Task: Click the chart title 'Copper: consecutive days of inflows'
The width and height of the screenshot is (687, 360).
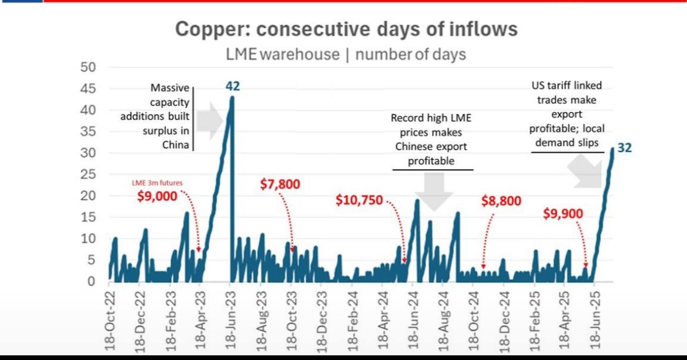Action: [x=346, y=29]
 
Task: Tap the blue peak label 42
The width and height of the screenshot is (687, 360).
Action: [x=233, y=86]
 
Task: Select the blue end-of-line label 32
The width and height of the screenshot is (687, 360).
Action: [x=624, y=148]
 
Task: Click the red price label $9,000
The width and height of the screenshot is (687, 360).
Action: [x=157, y=197]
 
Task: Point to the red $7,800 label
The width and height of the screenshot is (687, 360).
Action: [x=280, y=184]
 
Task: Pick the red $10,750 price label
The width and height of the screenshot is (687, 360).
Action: [x=359, y=200]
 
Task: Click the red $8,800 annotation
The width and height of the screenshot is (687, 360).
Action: [x=501, y=201]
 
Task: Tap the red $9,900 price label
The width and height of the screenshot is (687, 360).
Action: [x=563, y=214]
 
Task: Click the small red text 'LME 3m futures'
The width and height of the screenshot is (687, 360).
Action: [x=156, y=183]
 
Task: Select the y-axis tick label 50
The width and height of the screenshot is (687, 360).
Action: [x=88, y=68]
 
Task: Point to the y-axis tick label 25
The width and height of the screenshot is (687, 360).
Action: [x=88, y=174]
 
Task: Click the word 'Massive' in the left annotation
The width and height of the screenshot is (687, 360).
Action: [x=170, y=88]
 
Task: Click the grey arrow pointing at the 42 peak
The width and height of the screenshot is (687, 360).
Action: [x=209, y=121]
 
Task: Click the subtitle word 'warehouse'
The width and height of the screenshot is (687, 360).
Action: [x=299, y=55]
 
